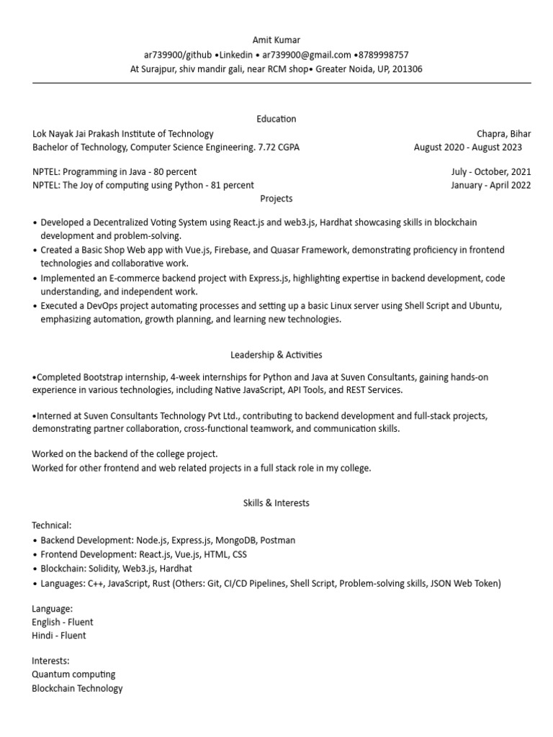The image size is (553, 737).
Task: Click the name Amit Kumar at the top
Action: coord(276,40)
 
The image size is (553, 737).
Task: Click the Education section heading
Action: coord(276,119)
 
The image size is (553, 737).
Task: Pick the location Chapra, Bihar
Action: coord(503,133)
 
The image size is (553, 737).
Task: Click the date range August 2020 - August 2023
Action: coord(468,147)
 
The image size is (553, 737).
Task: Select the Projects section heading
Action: coord(276,198)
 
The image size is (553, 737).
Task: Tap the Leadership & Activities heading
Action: coord(276,355)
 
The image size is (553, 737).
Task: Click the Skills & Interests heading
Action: coord(276,503)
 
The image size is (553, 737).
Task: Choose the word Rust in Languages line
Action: coord(161,583)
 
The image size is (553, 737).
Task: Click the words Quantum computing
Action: coord(73,674)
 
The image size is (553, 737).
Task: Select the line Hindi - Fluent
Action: coord(59,636)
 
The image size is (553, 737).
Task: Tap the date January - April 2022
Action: coord(491,185)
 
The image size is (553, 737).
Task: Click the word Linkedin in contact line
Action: coord(236,55)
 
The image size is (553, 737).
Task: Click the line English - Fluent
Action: coord(63,622)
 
